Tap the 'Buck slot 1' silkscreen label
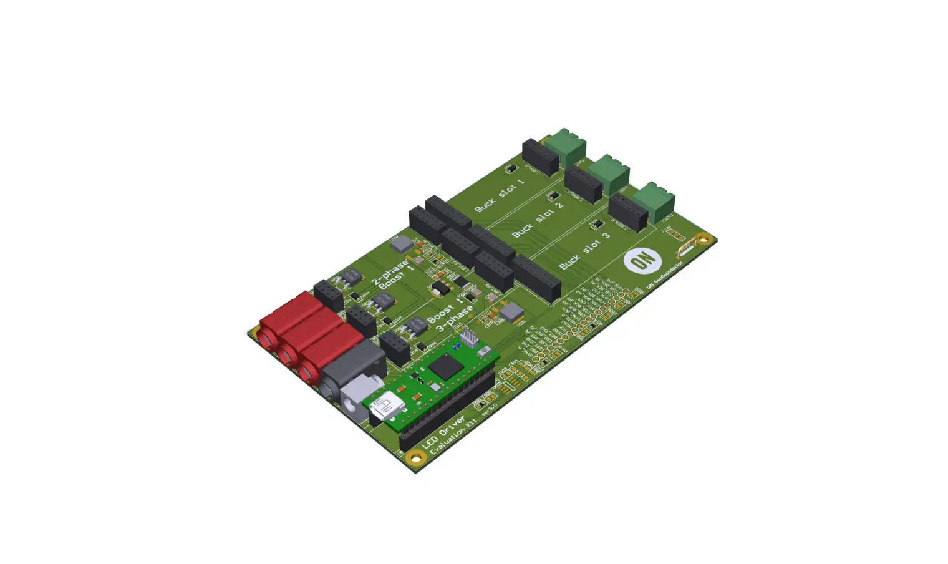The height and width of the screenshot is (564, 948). pos(500,195)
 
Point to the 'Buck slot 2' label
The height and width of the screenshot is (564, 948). pos(538,219)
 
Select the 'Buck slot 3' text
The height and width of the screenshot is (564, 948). pos(584,250)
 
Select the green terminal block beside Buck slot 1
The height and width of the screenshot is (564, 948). pos(566,145)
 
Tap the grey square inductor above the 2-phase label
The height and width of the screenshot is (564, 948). pos(401,244)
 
